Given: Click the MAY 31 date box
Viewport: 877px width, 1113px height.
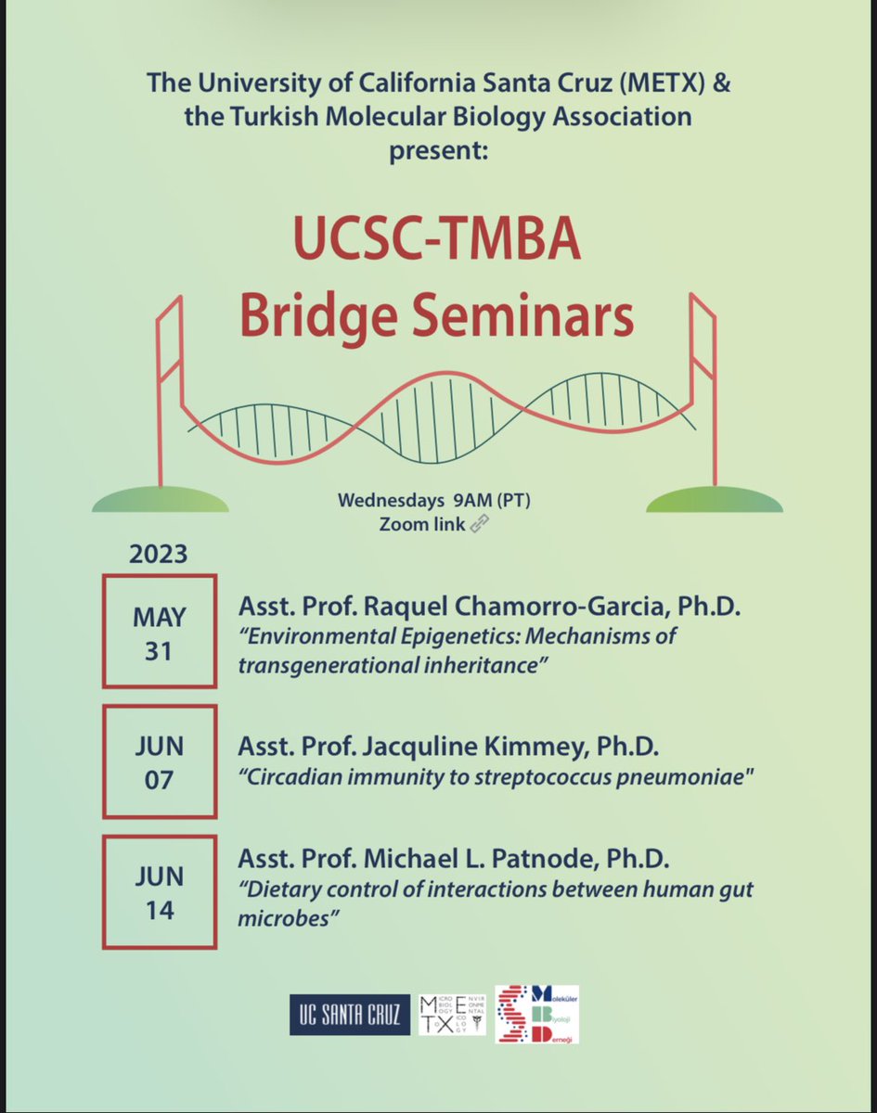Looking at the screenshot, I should pos(159,632).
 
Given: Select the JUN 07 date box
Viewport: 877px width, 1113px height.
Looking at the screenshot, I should pos(159,762).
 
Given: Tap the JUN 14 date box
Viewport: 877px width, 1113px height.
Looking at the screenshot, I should pos(159,891).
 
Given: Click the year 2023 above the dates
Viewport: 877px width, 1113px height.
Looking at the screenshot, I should pos(158,556).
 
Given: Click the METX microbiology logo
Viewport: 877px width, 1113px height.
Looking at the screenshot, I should pos(452,1012).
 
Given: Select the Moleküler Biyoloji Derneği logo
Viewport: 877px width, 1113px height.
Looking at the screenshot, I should pos(536,1014).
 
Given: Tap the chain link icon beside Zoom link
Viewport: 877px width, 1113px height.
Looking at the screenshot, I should pos(480,522).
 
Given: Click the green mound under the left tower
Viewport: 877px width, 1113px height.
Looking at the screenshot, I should pos(160,500).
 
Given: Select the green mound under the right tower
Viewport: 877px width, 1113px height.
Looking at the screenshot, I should pos(714,500).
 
